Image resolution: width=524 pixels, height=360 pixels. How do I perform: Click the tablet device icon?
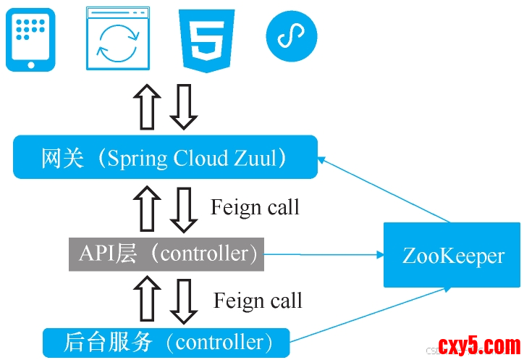[x=30, y=40]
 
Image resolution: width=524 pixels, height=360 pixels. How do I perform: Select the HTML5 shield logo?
[x=208, y=40]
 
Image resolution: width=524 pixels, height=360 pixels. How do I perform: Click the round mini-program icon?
[x=292, y=35]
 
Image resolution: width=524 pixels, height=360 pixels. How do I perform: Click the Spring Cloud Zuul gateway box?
[x=165, y=157]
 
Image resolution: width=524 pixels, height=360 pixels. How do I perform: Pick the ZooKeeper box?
[x=452, y=255]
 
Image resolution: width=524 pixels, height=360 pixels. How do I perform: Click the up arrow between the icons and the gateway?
[x=148, y=105]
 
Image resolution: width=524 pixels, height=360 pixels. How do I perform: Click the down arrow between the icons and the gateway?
[x=183, y=105]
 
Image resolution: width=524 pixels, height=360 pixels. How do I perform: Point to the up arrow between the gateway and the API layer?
[x=148, y=206]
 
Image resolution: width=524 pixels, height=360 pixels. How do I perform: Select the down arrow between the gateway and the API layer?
[x=183, y=206]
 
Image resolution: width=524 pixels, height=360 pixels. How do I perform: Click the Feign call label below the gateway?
[x=255, y=208]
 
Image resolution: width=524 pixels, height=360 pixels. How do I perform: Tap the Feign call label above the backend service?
[x=258, y=301]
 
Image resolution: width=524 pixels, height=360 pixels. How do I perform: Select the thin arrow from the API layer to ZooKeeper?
[x=322, y=254]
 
